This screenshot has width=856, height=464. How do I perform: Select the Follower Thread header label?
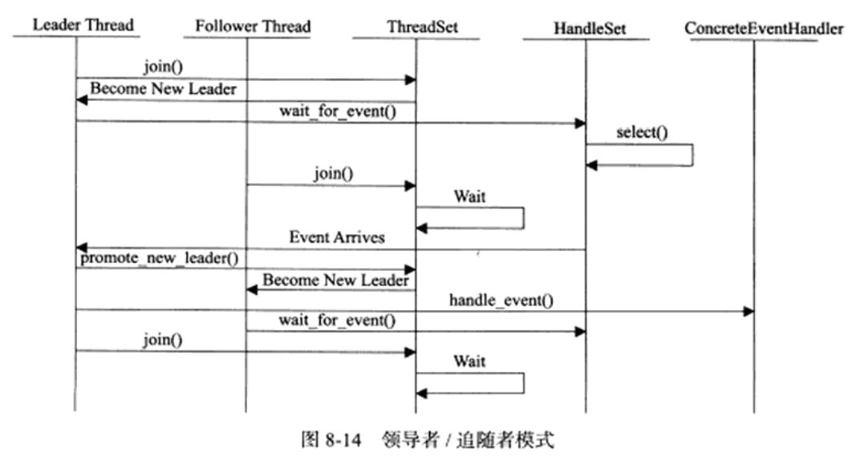[253, 26]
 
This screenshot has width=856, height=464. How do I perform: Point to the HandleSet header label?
[589, 29]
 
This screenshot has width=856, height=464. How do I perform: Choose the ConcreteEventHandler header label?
[764, 29]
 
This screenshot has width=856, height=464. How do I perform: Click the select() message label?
[642, 132]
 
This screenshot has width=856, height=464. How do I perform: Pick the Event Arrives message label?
[337, 236]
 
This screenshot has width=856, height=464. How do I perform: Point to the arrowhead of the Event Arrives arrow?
[82, 248]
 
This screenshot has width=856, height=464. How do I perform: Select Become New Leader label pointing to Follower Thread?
[335, 280]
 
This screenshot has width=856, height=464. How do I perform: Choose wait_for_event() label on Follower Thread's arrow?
[337, 320]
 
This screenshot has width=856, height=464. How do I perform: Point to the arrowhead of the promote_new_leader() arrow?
[411, 269]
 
